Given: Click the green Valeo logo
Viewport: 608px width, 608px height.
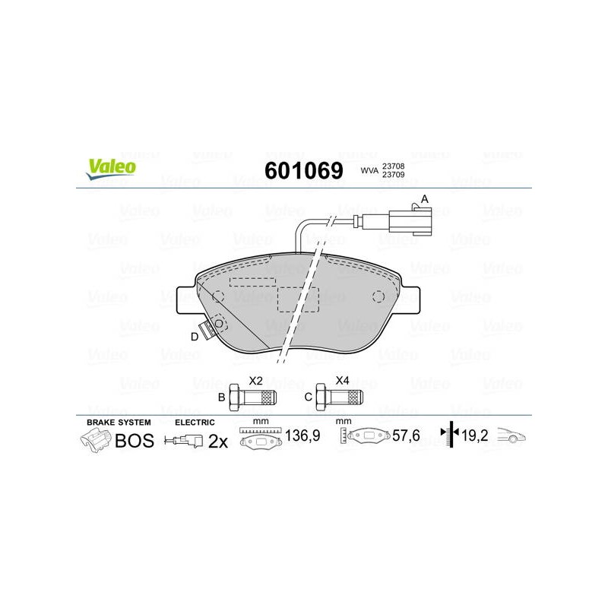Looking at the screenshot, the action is click(111, 169).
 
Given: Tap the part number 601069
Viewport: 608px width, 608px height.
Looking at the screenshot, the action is click(303, 170).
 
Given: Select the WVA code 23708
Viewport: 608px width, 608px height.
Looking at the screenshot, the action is click(393, 166).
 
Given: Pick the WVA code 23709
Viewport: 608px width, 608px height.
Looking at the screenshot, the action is click(393, 175).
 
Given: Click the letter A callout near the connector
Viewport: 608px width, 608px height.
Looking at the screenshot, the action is click(425, 199).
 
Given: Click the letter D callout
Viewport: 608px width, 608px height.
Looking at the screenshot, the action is click(195, 337).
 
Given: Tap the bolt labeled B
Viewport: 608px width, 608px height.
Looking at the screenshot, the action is click(252, 397).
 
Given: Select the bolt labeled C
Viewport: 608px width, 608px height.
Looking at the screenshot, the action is click(339, 397).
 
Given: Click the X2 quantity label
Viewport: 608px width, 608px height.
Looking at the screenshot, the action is click(255, 381).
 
